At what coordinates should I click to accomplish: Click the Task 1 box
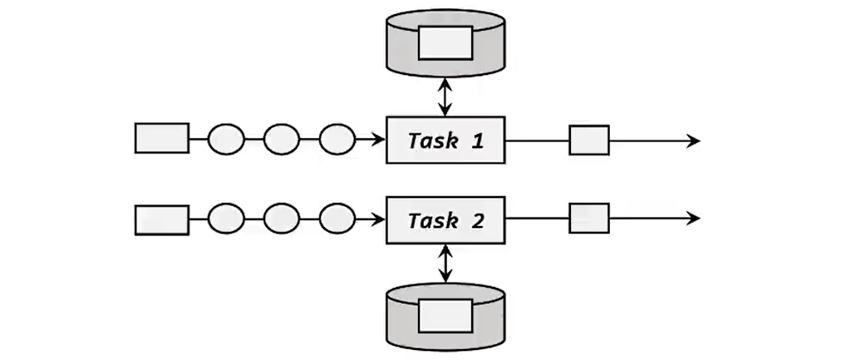445,140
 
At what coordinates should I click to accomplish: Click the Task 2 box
445,220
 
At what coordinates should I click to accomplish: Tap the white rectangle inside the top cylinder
445,42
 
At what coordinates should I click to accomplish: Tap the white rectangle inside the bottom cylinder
445,316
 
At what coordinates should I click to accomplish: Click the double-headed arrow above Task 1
446,96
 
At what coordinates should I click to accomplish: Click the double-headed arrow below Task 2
446,263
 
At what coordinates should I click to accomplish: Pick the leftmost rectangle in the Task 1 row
161,138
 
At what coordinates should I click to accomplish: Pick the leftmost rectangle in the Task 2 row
161,219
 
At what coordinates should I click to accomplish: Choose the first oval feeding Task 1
225,139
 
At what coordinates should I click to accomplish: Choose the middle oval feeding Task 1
282,139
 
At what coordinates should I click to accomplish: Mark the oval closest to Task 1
337,139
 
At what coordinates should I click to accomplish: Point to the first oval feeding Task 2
225,219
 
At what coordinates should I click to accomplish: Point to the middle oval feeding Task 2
282,219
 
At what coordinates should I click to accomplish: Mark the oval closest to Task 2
337,219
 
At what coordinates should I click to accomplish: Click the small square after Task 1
589,140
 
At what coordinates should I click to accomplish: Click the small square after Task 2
589,218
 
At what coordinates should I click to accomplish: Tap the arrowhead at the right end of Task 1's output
693,141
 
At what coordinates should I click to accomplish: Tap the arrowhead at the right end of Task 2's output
693,219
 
